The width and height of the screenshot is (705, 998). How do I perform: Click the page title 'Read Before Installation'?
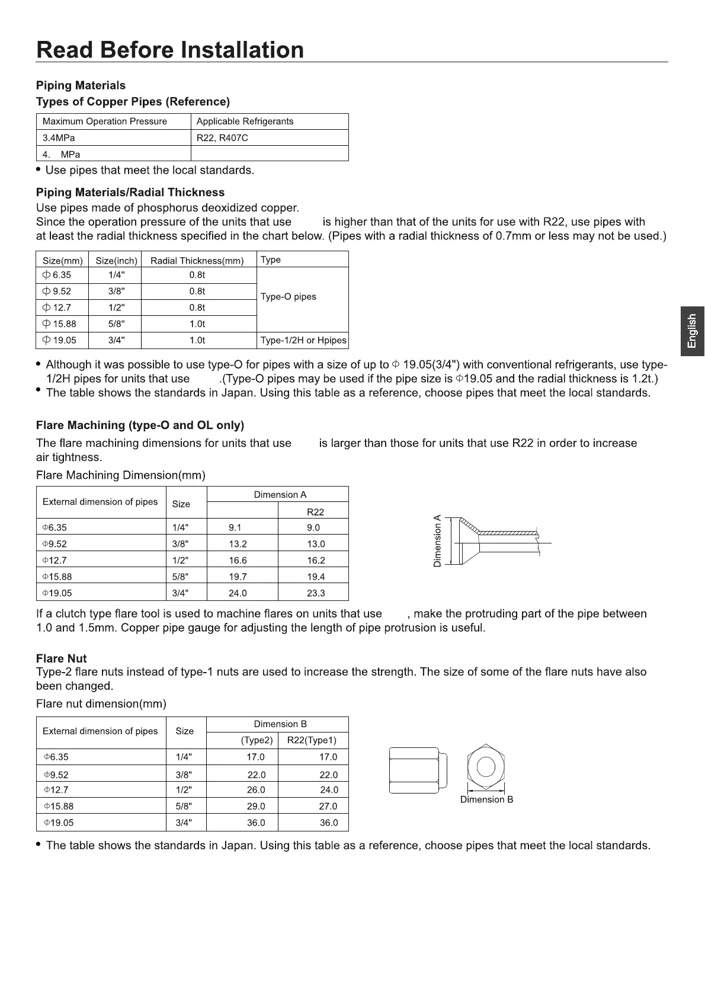[x=170, y=50]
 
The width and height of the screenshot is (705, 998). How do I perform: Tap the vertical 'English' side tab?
[x=692, y=331]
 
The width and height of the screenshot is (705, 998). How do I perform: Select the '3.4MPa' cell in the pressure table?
[x=59, y=138]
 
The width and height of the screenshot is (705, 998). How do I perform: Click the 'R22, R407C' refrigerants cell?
[x=222, y=138]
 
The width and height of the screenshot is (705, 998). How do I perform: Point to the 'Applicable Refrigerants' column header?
[x=245, y=121]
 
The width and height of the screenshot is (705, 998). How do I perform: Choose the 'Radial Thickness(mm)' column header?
[x=197, y=261]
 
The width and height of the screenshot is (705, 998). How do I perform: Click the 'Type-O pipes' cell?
[x=289, y=297]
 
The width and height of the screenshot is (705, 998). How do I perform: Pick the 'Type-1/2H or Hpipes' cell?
[x=303, y=341]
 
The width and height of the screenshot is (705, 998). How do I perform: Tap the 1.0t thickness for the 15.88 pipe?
[x=197, y=324]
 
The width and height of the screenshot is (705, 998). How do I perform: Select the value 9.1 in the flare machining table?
[x=235, y=528]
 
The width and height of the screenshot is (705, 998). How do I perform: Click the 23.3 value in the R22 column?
[x=316, y=593]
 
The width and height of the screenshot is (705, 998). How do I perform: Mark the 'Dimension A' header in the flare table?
[x=280, y=495]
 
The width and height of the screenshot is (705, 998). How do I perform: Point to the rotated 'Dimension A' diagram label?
[x=438, y=541]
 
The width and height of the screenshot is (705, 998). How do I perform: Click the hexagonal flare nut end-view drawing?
[x=486, y=767]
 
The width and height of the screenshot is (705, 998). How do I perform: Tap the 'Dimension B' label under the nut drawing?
[x=486, y=799]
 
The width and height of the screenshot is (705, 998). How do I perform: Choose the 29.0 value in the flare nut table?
[x=256, y=807]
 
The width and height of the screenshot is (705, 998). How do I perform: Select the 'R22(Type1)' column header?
[x=312, y=740]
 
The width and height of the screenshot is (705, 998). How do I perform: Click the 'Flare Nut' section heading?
[x=61, y=658]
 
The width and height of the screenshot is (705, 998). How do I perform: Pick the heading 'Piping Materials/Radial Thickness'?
[x=130, y=193]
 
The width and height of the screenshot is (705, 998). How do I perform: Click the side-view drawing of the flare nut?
[x=417, y=770]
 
